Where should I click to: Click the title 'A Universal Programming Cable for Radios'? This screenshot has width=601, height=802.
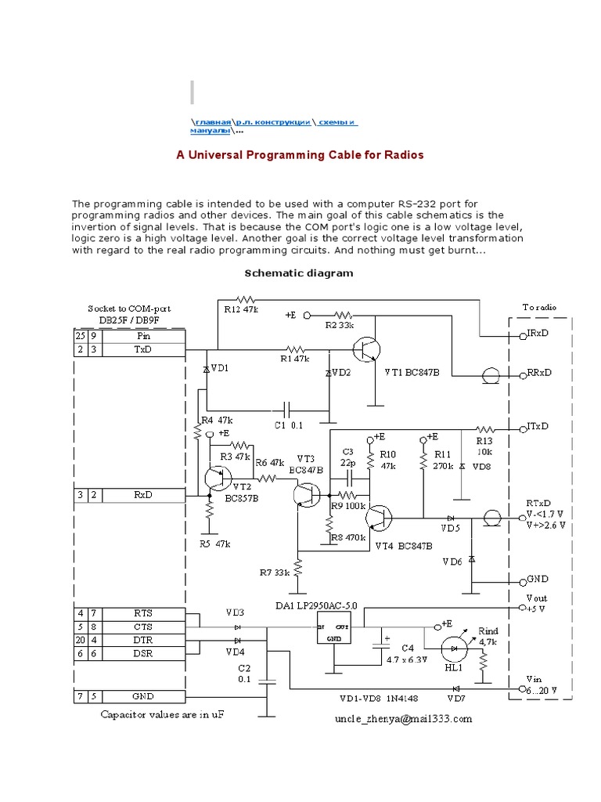pyautogui.click(x=300, y=155)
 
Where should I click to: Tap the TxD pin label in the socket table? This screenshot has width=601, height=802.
pyautogui.click(x=142, y=349)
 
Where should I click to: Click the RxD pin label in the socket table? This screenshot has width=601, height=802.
pyautogui.click(x=142, y=495)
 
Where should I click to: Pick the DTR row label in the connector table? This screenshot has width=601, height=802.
pyautogui.click(x=142, y=640)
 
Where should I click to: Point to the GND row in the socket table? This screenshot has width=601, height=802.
pyautogui.click(x=142, y=696)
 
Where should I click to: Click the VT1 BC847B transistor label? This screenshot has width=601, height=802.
pyautogui.click(x=412, y=372)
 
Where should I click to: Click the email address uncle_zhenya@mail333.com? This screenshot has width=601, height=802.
pyautogui.click(x=405, y=718)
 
